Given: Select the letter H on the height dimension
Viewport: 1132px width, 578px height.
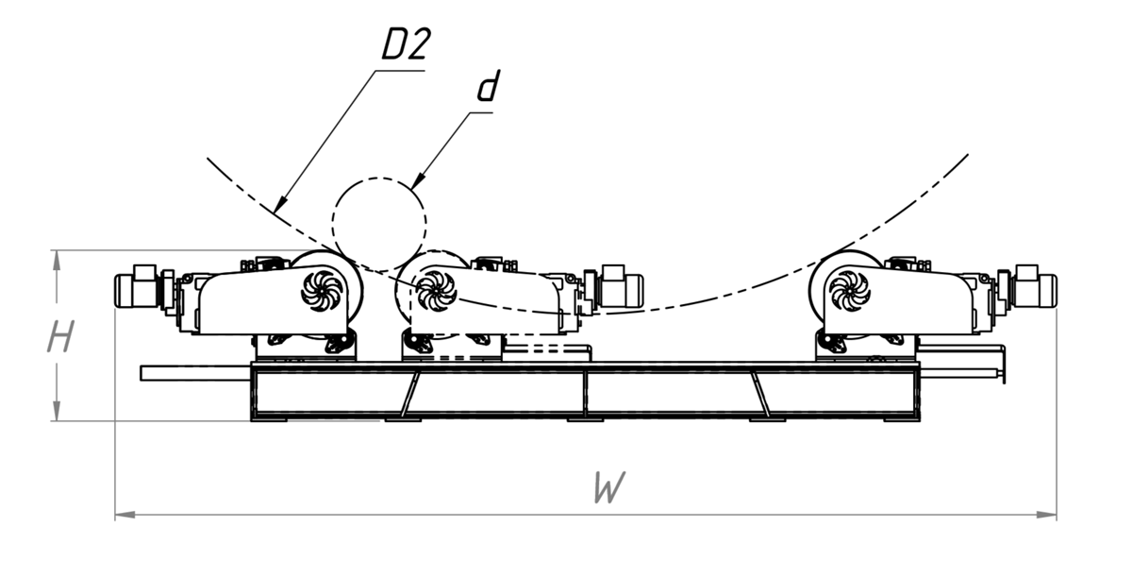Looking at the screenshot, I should [60, 337].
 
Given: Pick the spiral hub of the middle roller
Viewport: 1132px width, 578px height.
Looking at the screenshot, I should [436, 289].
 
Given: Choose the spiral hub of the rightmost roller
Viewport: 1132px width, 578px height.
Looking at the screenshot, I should [850, 289].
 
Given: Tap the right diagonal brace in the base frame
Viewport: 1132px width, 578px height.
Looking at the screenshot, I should [761, 392].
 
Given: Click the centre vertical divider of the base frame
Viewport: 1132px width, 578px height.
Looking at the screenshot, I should [585, 392].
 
